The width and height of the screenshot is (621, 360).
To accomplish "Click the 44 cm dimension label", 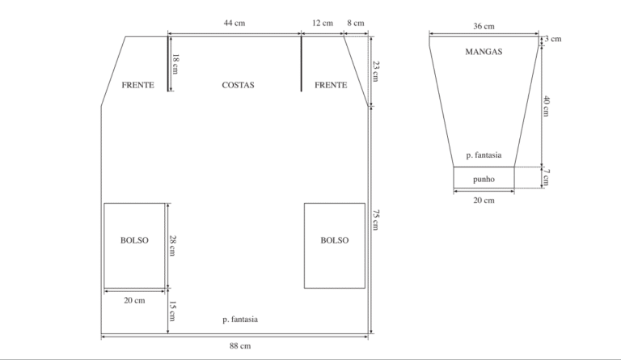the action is pyautogui.click(x=234, y=23).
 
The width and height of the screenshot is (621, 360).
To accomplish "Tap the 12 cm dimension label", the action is pyautogui.click(x=323, y=23).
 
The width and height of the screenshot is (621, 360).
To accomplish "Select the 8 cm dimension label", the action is pyautogui.click(x=356, y=23).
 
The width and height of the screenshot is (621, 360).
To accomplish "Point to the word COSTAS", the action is pyautogui.click(x=238, y=85).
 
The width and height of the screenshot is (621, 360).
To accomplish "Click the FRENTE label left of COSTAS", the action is pyautogui.click(x=137, y=85).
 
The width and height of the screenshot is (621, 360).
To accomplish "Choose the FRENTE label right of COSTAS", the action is pyautogui.click(x=331, y=85).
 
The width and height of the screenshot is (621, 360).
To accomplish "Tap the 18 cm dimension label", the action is pyautogui.click(x=175, y=64).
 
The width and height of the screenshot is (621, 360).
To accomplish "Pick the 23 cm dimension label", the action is pyautogui.click(x=376, y=71).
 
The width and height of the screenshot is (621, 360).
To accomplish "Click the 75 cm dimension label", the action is pyautogui.click(x=376, y=220).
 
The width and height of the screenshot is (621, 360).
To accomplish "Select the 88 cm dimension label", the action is pyautogui.click(x=240, y=345).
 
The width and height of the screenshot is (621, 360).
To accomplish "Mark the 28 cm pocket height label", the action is pyautogui.click(x=173, y=246).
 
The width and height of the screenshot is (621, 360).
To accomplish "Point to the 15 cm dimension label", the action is pyautogui.click(x=173, y=311).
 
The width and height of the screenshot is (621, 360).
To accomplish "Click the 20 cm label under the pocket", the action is pyautogui.click(x=134, y=301).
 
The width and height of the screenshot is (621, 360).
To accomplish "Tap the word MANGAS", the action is pyautogui.click(x=484, y=52).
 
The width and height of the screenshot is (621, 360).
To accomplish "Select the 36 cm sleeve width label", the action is pyautogui.click(x=484, y=26).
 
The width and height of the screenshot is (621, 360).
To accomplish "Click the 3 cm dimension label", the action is pyautogui.click(x=552, y=39).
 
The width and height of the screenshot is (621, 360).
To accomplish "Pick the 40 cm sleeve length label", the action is pyautogui.click(x=546, y=106).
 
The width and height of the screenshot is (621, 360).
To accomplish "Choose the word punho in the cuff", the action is pyautogui.click(x=484, y=179).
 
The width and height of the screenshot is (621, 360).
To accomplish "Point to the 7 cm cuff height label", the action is pyautogui.click(x=546, y=177).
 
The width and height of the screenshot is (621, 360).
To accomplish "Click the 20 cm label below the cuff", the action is pyautogui.click(x=484, y=201).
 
